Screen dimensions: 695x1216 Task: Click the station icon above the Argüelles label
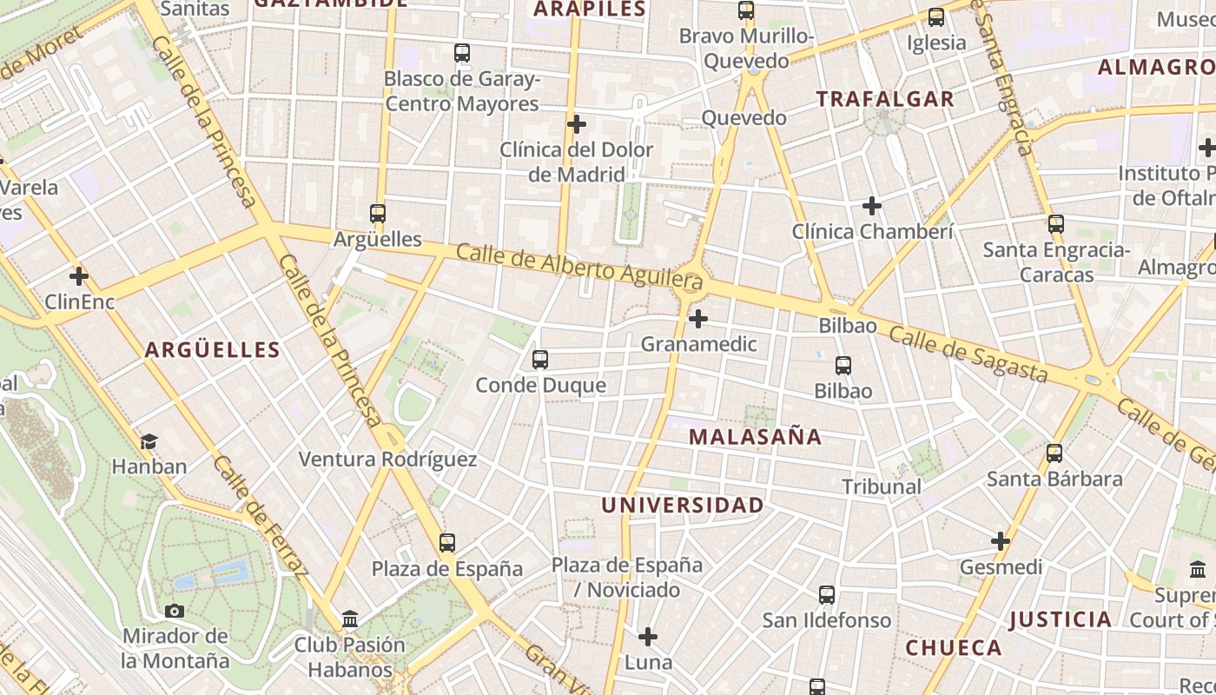[378, 213]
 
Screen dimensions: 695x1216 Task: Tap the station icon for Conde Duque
[540, 359]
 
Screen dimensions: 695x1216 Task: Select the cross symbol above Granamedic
[698, 319]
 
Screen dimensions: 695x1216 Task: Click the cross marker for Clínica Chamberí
[872, 206]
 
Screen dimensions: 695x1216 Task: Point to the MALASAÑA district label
[755, 437]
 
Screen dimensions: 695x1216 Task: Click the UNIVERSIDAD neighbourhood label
[683, 505]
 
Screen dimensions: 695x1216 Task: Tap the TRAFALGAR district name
[885, 99]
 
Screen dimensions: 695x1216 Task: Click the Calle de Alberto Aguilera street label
[579, 267]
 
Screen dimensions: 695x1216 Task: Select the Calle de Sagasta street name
[968, 354]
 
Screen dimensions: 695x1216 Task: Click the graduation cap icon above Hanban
[149, 441]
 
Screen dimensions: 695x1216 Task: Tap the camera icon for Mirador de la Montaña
[175, 611]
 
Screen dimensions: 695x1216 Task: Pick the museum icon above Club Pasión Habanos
[350, 619]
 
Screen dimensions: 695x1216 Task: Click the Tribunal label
[882, 486]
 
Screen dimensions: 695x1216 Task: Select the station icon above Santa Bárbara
[1054, 453]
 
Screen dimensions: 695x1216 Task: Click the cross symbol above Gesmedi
[1001, 542]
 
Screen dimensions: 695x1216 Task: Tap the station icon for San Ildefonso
[827, 595]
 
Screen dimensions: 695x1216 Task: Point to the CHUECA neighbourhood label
[954, 647]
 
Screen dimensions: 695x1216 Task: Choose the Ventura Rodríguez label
[387, 460]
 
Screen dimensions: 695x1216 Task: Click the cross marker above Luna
[648, 637]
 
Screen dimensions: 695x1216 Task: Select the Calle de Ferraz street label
[260, 517]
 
